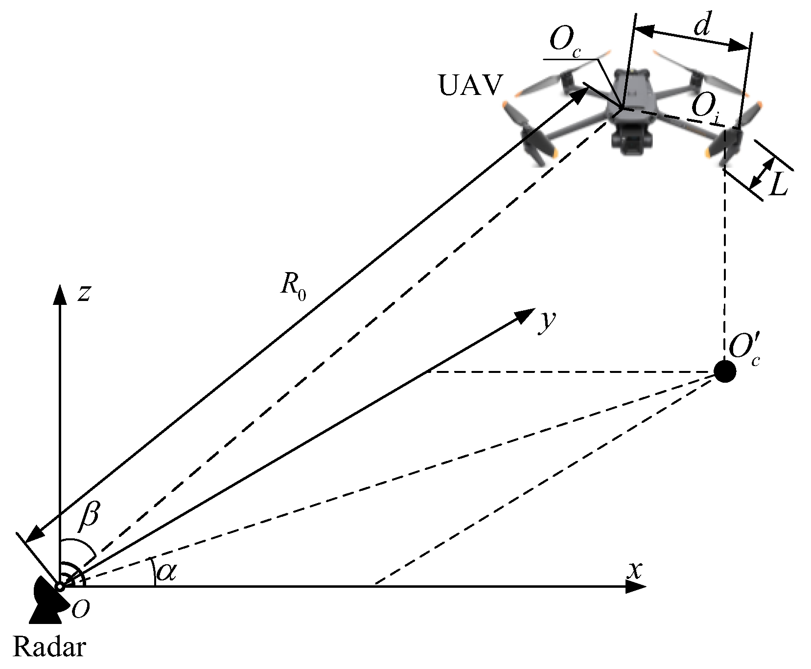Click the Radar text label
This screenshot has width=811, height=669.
click(49, 647)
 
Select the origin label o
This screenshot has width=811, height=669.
click(81, 609)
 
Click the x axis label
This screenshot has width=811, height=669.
click(635, 570)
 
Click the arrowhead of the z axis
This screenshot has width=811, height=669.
click(60, 294)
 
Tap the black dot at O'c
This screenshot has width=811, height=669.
click(725, 371)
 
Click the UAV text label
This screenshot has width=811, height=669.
click(470, 85)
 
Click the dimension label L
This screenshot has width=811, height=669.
click(778, 185)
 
